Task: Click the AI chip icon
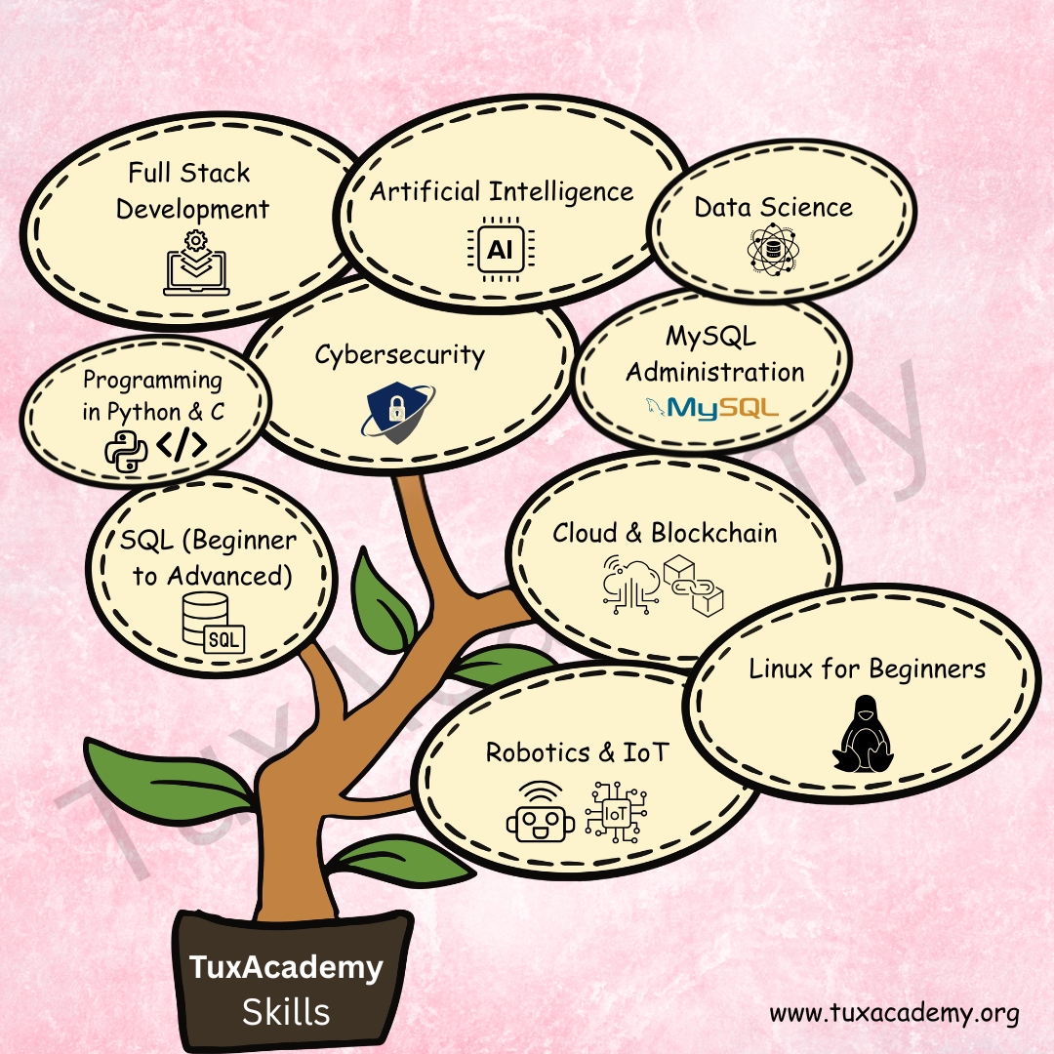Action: pyautogui.click(x=499, y=250)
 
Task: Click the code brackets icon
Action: pyautogui.click(x=182, y=445)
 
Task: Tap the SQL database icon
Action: pyautogui.click(x=213, y=623)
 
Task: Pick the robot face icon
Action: pyautogui.click(x=536, y=812)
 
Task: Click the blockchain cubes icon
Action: pyautogui.click(x=692, y=584)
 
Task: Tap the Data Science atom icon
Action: pyautogui.click(x=772, y=249)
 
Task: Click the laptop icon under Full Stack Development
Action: pyautogui.click(x=197, y=263)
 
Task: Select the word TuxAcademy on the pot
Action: pyautogui.click(x=286, y=967)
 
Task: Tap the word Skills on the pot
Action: pyautogui.click(x=286, y=1011)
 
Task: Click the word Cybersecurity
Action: pyautogui.click(x=399, y=353)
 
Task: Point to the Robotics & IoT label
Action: pyautogui.click(x=579, y=752)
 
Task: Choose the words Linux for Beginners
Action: pyautogui.click(x=867, y=669)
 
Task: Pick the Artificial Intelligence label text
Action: pyautogui.click(x=502, y=191)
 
